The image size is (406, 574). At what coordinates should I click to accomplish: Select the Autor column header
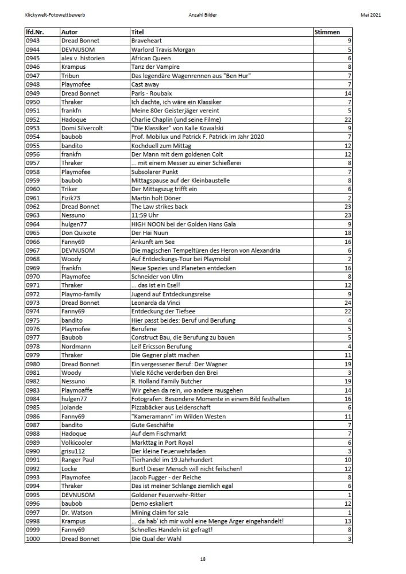(x=69, y=32)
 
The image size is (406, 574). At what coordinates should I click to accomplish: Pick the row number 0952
(x=33, y=119)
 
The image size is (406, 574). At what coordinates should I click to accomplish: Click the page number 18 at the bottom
(x=203, y=559)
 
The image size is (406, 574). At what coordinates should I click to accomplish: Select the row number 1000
(x=33, y=539)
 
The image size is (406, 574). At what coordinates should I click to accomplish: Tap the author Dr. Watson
(x=76, y=513)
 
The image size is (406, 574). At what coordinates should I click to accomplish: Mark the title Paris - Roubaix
(x=152, y=93)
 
